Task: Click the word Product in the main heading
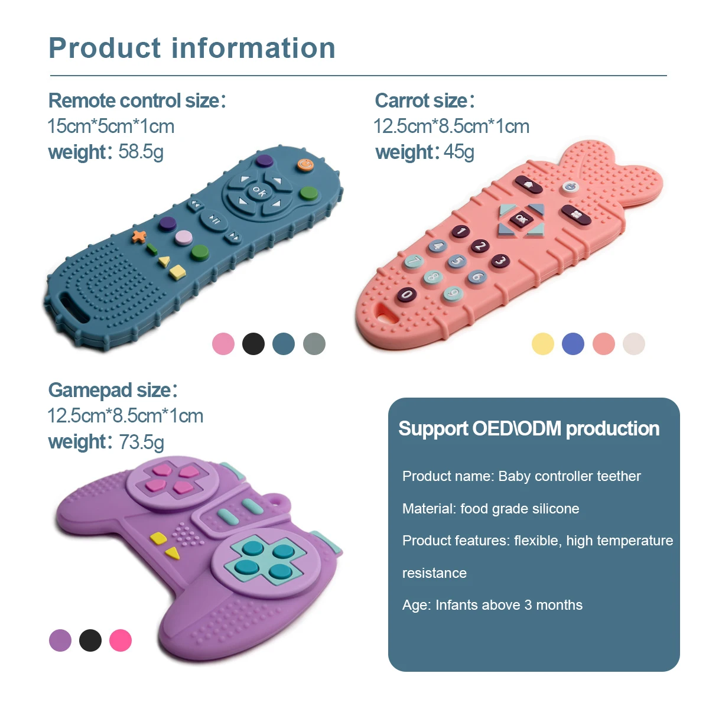tap(105, 48)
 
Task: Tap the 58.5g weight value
tap(141, 152)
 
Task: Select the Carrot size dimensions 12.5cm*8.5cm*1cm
tap(451, 126)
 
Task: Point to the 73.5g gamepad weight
tap(142, 441)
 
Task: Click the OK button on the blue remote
tap(259, 191)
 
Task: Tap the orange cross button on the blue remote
tap(139, 236)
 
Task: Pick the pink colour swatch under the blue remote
tap(223, 344)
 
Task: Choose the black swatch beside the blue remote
tap(253, 344)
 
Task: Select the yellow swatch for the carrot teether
tap(542, 344)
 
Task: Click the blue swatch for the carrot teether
tap(573, 344)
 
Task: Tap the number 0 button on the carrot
tap(407, 294)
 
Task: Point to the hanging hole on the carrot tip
tap(388, 313)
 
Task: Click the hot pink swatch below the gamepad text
tap(121, 640)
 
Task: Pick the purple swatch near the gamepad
tap(60, 640)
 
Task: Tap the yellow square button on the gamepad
tap(158, 538)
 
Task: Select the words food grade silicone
tap(519, 509)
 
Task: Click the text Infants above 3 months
tap(509, 605)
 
